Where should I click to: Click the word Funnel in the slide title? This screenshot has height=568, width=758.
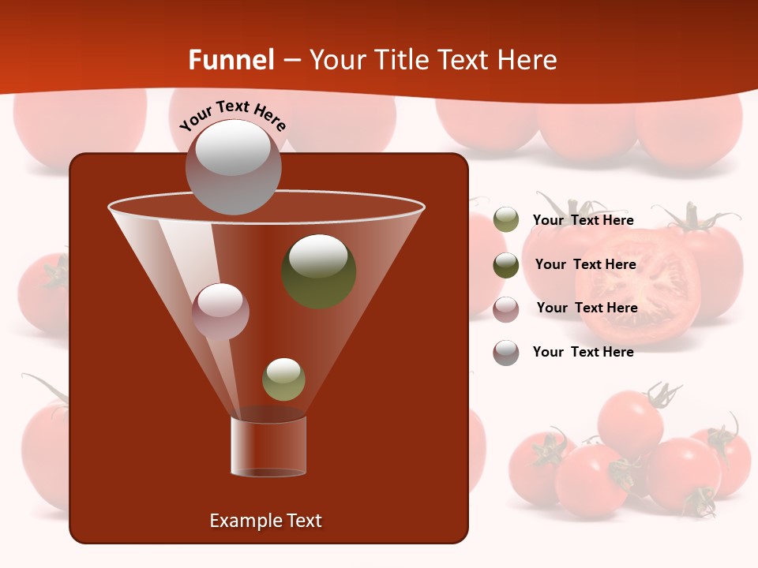click(x=231, y=60)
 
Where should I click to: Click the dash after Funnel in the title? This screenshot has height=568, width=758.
click(x=291, y=61)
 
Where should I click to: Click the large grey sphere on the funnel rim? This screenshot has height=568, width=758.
click(x=233, y=166)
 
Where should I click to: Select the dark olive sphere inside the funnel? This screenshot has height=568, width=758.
click(x=319, y=271)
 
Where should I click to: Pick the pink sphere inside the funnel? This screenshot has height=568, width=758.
click(x=220, y=311)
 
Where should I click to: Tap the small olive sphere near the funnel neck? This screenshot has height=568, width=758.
click(x=283, y=379)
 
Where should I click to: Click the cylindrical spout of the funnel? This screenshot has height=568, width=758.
click(x=268, y=447)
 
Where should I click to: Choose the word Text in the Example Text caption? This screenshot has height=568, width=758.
click(x=304, y=521)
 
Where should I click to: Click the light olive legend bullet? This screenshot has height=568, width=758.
click(x=506, y=220)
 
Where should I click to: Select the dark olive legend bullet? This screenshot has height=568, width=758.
click(x=506, y=265)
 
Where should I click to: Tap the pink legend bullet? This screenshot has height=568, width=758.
click(x=506, y=308)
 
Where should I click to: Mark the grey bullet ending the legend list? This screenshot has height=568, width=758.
click(x=506, y=353)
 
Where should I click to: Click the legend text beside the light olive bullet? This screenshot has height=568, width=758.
click(x=584, y=221)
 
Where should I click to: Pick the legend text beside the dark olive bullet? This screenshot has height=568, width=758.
click(x=585, y=265)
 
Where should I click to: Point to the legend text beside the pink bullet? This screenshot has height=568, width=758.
click(x=587, y=308)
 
